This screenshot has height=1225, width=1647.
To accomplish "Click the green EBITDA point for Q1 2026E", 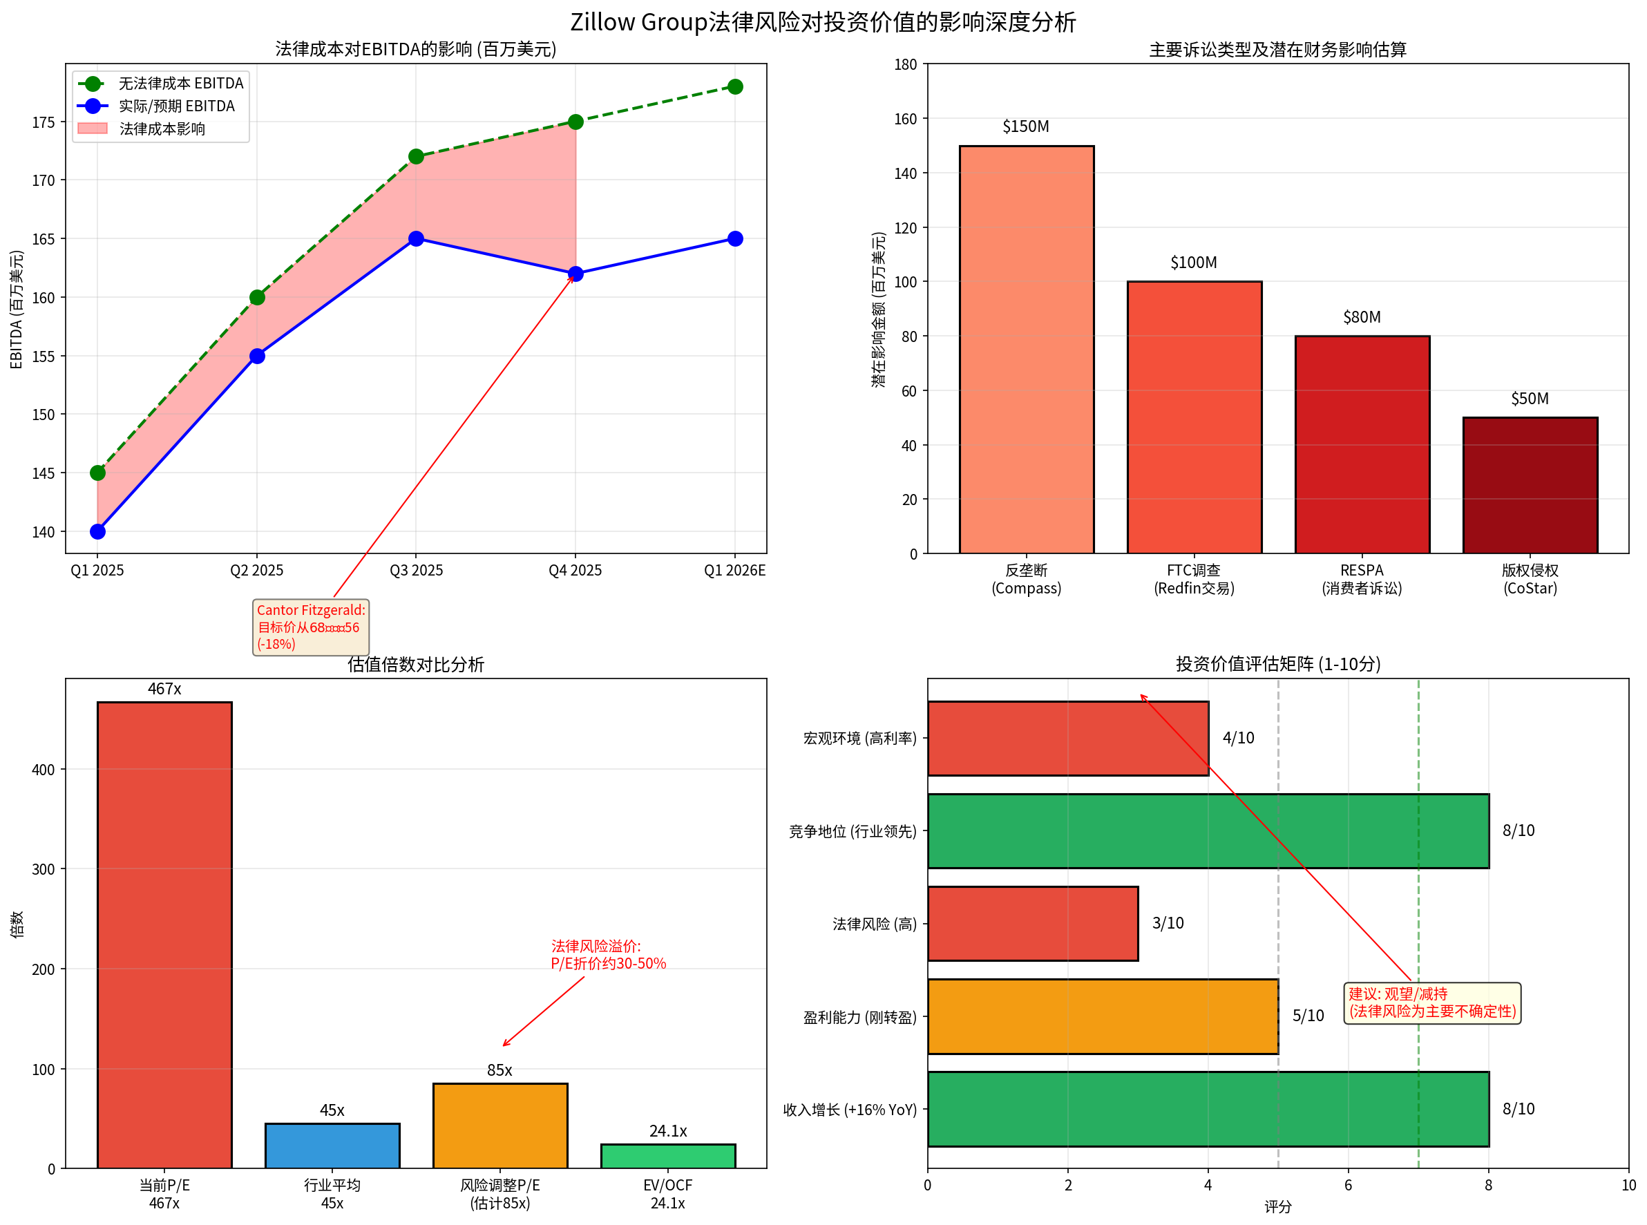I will click(x=734, y=87).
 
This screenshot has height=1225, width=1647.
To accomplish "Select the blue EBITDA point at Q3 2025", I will click(x=416, y=239).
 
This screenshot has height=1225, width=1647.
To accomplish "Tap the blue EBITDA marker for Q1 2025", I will click(x=97, y=532).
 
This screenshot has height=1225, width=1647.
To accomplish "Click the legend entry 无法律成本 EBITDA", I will click(x=180, y=83).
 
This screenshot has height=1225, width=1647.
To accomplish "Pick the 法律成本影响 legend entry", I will click(x=162, y=129).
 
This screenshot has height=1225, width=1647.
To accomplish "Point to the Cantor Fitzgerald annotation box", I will click(x=311, y=627).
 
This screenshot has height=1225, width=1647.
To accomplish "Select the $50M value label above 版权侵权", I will click(x=1529, y=399).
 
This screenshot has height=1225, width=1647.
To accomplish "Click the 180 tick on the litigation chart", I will click(x=906, y=64).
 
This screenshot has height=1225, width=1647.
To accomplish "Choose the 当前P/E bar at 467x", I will click(x=164, y=934).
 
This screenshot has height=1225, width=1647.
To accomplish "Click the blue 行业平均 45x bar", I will click(x=332, y=1146).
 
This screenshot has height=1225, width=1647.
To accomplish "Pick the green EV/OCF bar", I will click(x=667, y=1156).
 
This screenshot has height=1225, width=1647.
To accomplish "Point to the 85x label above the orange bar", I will click(x=499, y=1070).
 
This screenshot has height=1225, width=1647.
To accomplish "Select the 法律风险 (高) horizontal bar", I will click(x=1032, y=923).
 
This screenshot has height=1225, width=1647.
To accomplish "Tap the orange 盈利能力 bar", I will click(x=1102, y=1016).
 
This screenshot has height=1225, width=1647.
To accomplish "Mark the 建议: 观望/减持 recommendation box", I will click(x=1431, y=1003).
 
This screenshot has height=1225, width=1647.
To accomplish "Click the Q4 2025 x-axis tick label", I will click(x=575, y=570).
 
